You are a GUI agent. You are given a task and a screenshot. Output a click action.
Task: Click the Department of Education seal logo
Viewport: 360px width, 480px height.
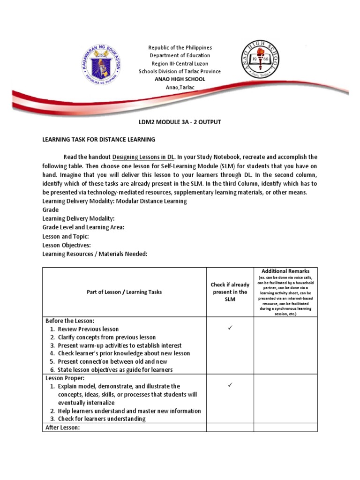pos(100,64)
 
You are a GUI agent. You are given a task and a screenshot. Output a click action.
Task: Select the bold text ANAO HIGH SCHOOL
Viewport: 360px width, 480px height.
pos(180,79)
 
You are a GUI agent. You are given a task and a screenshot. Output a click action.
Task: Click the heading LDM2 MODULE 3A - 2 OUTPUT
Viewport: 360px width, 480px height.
pos(180,122)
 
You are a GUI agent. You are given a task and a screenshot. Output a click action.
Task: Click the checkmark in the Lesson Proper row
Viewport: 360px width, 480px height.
pos(230,386)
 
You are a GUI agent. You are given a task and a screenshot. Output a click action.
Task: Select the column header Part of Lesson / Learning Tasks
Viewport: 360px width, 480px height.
pos(124,292)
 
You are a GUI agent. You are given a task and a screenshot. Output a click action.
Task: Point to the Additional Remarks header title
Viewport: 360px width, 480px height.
pos(285,271)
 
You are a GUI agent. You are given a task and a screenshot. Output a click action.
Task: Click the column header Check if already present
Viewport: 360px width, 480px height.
pos(230,292)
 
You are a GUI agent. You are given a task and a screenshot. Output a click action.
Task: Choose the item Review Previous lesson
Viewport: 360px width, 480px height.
pos(88,329)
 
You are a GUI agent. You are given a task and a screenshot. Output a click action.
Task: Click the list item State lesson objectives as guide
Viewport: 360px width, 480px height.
pos(115,370)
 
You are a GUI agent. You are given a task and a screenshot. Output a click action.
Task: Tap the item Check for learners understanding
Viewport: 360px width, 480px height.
pos(101,419)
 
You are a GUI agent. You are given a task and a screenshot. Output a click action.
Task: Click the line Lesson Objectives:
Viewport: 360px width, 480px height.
pos(67,245)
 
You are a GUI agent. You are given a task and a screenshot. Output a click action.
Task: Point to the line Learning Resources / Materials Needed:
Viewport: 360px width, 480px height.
pos(95,254)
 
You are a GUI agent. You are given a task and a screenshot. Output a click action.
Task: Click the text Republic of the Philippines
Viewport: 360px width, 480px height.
pos(180,48)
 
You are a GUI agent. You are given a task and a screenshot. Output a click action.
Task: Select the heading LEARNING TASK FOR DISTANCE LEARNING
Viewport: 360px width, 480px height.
pos(98,140)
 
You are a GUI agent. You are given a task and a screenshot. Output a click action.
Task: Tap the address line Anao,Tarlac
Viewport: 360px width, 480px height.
pos(180,87)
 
